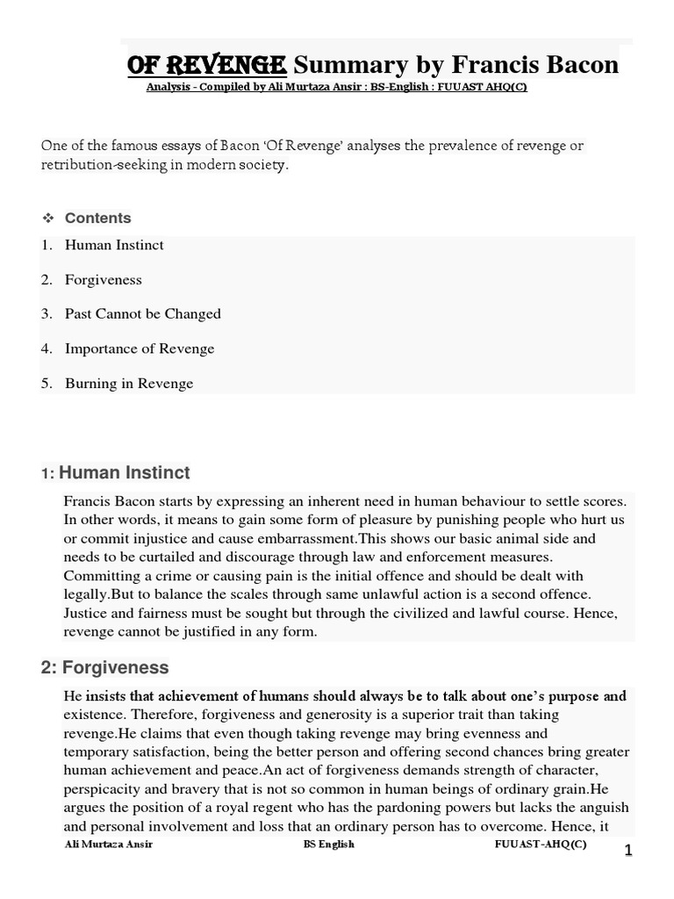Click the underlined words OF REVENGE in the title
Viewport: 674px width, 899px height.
tap(206, 64)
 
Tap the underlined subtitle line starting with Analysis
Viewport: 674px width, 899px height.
tap(337, 89)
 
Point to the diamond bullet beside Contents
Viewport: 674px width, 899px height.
tap(48, 218)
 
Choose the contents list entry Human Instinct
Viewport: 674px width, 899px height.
tap(114, 245)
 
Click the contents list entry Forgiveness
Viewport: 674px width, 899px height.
tap(103, 280)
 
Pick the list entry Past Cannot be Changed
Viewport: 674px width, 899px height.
tap(142, 313)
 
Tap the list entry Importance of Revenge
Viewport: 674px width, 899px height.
tap(139, 349)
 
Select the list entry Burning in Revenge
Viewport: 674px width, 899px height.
tap(128, 384)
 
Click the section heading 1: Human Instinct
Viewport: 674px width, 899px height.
tap(115, 473)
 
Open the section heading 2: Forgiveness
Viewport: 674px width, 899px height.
tap(104, 667)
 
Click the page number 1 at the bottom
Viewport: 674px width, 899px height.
tap(627, 851)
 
